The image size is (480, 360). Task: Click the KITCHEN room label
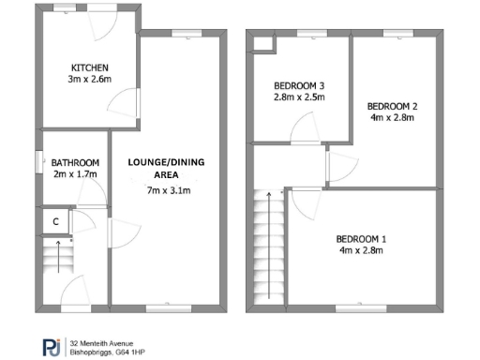pyautogui.click(x=91, y=67)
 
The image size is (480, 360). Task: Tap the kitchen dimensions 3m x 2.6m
pyautogui.click(x=91, y=81)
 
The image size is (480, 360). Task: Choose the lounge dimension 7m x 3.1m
pyautogui.click(x=169, y=190)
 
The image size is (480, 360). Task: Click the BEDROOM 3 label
pyautogui.click(x=299, y=83)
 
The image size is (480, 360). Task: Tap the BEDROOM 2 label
pyautogui.click(x=392, y=106)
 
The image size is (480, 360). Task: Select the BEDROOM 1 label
pyautogui.click(x=362, y=238)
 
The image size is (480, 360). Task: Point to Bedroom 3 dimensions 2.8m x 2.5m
pyautogui.click(x=299, y=97)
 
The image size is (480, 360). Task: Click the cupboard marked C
pyautogui.click(x=56, y=221)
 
